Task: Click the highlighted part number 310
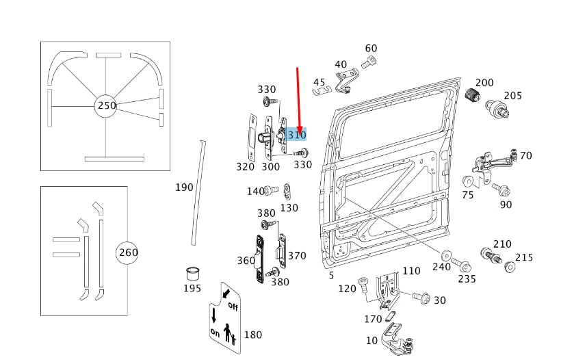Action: tap(297, 135)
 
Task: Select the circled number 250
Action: tap(107, 105)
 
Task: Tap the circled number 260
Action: tap(128, 252)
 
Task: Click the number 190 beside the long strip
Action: tap(184, 187)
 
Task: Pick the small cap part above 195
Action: tap(192, 273)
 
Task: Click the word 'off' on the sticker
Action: tap(233, 305)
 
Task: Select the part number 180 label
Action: tap(252, 335)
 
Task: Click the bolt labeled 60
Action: tap(369, 63)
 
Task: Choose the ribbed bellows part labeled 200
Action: tap(471, 99)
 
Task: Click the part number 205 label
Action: tap(512, 96)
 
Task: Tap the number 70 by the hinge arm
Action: tap(525, 155)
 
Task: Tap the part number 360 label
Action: tap(246, 260)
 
